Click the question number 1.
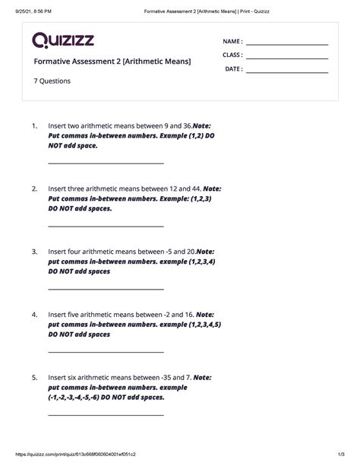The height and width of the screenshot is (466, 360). coord(34,125)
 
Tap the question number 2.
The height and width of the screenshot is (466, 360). coord(34,188)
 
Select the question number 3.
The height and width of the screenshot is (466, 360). coord(34,251)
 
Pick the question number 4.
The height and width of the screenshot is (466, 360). coord(34,314)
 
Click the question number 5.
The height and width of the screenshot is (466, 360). coord(34,377)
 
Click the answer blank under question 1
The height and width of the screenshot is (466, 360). coord(106,163)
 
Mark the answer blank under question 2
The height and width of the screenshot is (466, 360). coord(106,226)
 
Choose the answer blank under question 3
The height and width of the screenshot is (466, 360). coord(106,289)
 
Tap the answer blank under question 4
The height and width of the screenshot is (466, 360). coord(106,352)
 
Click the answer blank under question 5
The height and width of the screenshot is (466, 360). coord(106,415)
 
